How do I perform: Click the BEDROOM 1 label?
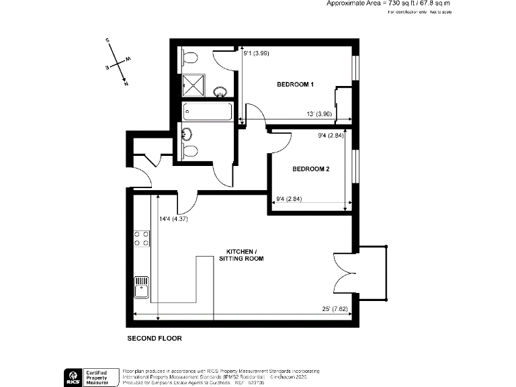[x=296, y=85]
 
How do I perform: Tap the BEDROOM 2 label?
[x=310, y=169]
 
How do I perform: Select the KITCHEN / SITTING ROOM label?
[x=241, y=255]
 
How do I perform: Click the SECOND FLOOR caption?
[x=155, y=339]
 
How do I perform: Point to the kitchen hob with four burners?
[x=142, y=238]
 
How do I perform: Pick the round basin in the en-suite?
[x=220, y=91]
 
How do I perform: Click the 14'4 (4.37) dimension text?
[x=173, y=218]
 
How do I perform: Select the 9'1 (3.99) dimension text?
[x=256, y=53]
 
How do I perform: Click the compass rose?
[x=118, y=63]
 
